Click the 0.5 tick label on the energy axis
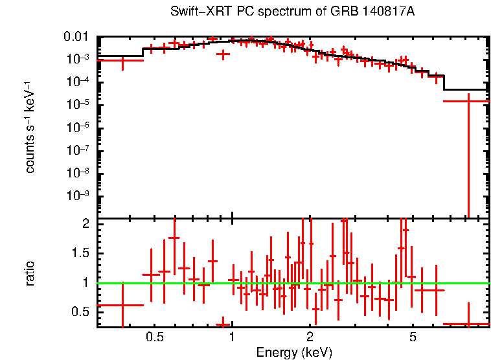click(x=154, y=337)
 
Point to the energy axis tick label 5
click(x=413, y=337)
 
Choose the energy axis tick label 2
click(x=310, y=337)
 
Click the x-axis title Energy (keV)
click(x=293, y=352)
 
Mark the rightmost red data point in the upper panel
click(x=468, y=101)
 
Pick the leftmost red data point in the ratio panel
click(x=122, y=305)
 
